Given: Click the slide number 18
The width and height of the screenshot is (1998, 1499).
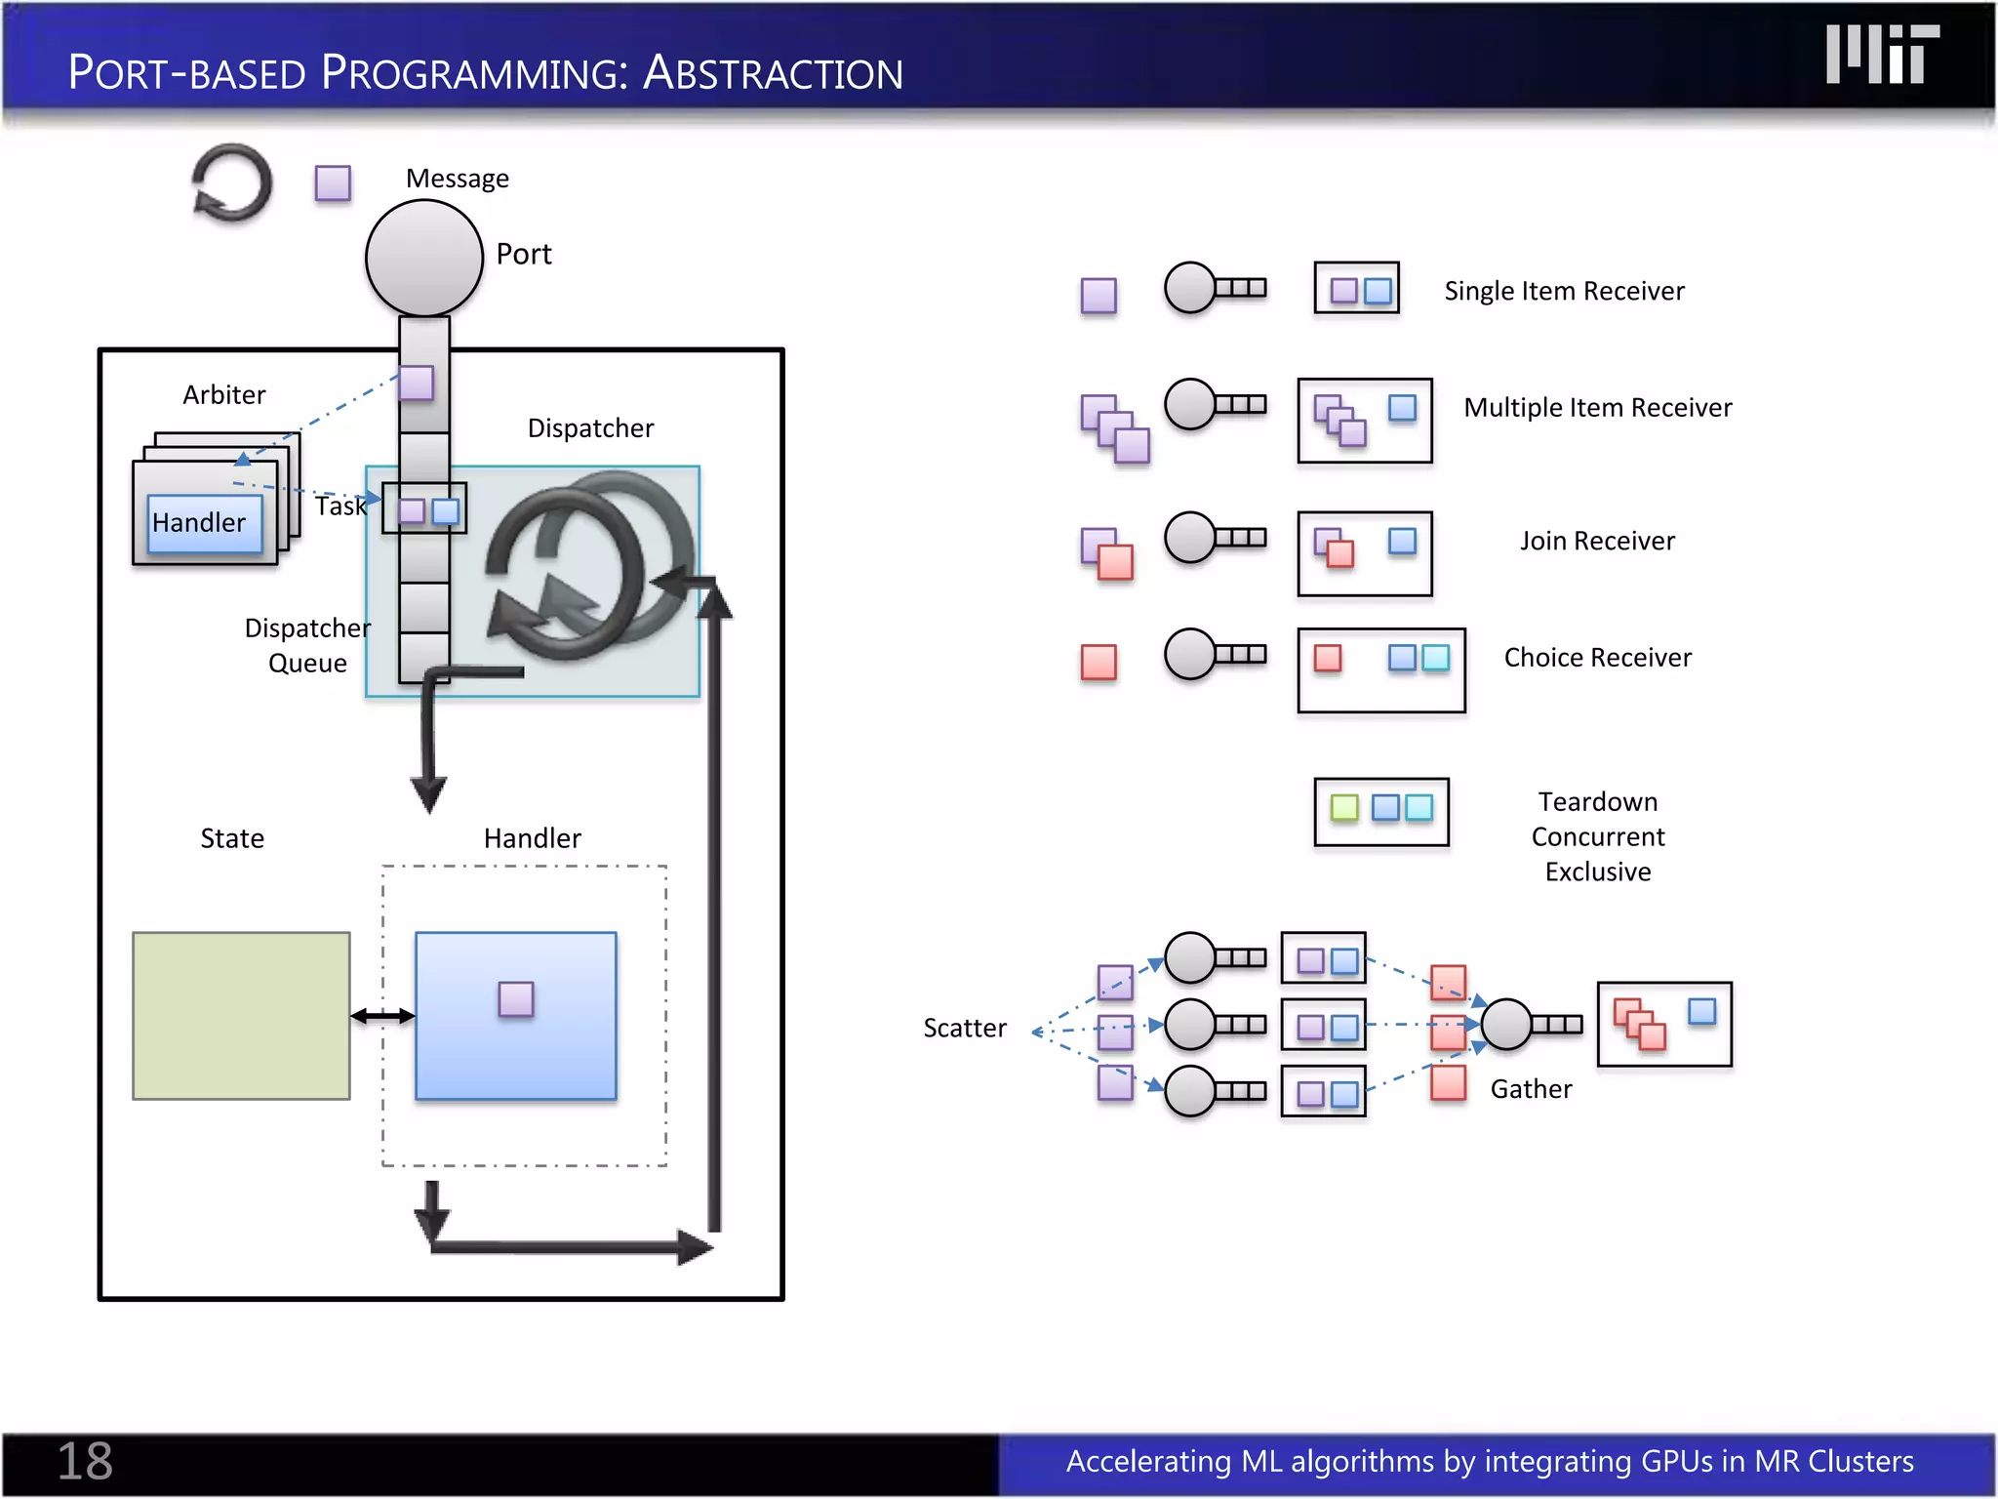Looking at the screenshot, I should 85,1461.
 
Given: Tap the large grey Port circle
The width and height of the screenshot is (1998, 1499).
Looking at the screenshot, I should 424,258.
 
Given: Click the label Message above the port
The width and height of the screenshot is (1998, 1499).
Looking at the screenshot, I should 457,179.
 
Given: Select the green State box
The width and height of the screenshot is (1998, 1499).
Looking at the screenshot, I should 241,1016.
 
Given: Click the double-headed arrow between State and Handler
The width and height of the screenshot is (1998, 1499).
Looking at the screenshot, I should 382,1016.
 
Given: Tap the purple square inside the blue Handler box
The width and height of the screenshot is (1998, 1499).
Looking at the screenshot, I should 515,999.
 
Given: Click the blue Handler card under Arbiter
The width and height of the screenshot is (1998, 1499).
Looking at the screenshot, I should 204,524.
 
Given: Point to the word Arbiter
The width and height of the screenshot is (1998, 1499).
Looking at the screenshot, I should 223,394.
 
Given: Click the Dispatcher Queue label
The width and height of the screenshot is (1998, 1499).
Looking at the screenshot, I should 307,645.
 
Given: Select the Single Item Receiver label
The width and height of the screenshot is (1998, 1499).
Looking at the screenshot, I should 1564,291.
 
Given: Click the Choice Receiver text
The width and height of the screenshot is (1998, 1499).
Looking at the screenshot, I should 1597,658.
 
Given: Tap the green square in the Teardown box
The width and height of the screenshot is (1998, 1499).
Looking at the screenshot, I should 1344,808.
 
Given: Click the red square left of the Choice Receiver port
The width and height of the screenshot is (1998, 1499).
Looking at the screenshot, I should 1099,662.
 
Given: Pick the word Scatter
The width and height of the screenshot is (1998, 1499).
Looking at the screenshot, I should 964,1028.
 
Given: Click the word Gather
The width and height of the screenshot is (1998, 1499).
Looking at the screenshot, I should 1531,1089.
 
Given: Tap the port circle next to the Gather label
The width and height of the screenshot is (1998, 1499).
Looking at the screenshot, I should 1505,1024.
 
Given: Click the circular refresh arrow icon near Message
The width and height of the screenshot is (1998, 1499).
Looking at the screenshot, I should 232,183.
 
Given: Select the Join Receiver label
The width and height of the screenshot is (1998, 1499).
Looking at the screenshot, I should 1597,541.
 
